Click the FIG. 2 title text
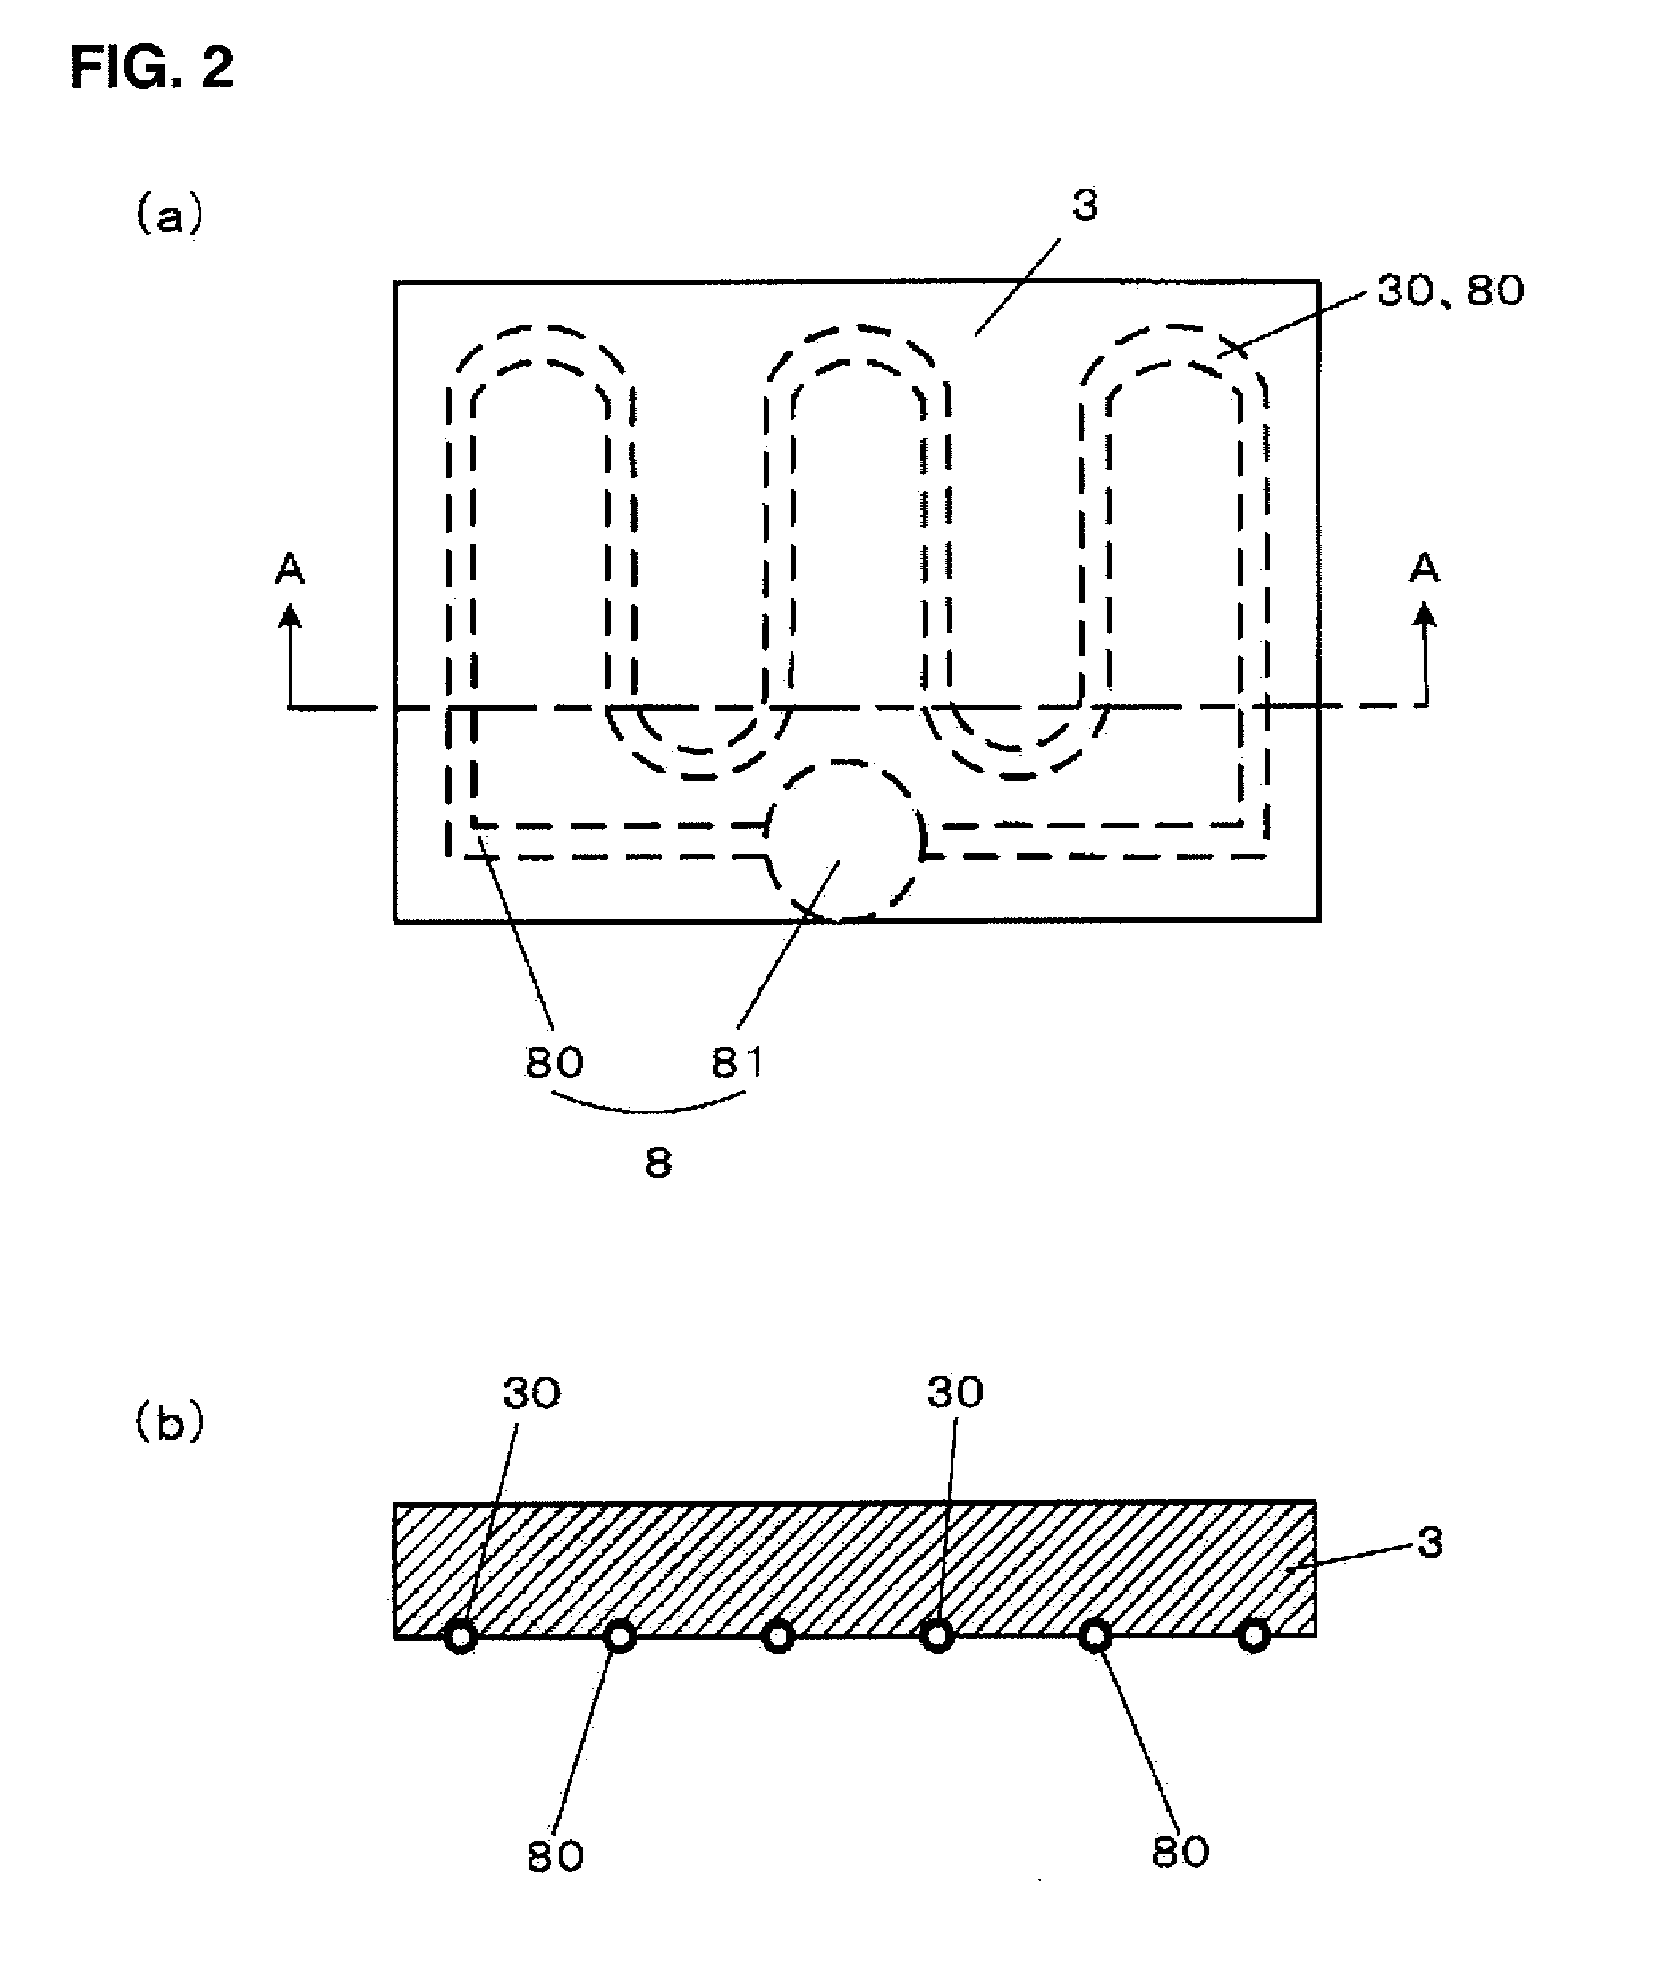tap(151, 68)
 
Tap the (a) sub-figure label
tap(169, 215)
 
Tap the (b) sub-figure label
tap(169, 1423)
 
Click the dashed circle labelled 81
tap(844, 840)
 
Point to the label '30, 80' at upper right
tap(1450, 291)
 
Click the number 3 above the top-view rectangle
tap(1085, 205)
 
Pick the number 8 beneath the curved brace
tap(658, 1162)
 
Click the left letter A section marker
tap(291, 568)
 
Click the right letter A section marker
tap(1424, 568)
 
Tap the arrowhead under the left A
tap(292, 616)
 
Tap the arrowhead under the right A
tap(1425, 616)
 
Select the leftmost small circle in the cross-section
tap(461, 1635)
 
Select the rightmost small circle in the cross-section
tap(1254, 1635)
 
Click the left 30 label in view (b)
tap(531, 1393)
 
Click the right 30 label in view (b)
tap(955, 1392)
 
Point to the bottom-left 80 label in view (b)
tap(554, 1857)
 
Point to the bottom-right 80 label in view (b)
tap(1180, 1853)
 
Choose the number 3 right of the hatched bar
tap(1431, 1543)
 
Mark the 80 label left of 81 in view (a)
tap(554, 1063)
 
